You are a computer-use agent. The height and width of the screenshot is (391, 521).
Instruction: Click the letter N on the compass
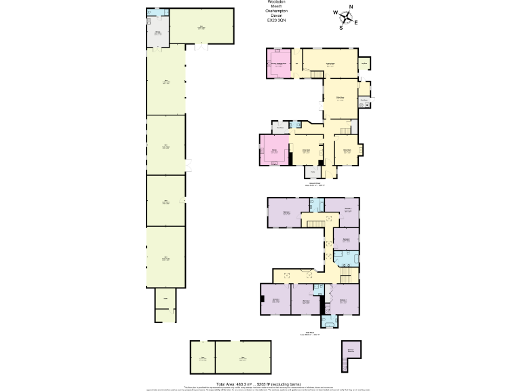(x=351, y=7)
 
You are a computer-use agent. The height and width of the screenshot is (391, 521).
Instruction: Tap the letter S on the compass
(x=341, y=28)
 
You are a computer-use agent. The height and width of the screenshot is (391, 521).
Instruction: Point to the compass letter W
(x=335, y=13)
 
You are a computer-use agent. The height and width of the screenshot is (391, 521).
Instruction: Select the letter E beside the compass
(x=356, y=22)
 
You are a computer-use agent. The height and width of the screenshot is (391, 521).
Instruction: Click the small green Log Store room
(x=364, y=64)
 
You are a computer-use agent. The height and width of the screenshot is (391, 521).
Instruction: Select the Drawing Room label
(x=346, y=149)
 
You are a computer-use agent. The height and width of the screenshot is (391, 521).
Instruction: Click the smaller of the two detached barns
(x=202, y=357)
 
